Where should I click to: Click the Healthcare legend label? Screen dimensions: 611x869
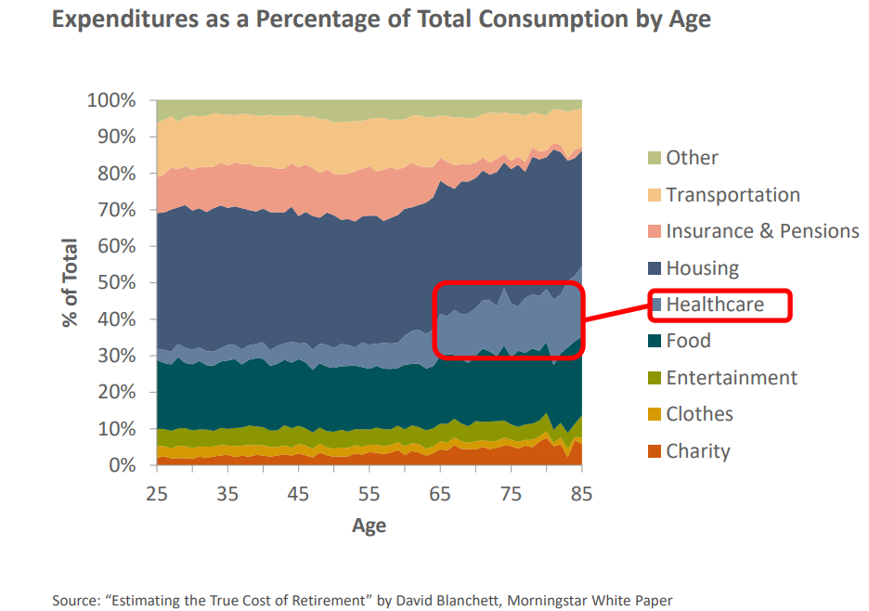(714, 305)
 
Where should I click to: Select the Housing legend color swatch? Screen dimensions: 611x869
(653, 268)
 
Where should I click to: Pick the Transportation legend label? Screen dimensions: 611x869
(733, 195)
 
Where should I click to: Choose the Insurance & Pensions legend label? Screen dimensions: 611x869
(762, 231)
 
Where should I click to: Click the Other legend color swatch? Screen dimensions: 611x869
(653, 158)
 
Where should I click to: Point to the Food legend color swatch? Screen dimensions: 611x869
(653, 341)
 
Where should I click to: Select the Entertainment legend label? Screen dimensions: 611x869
(732, 378)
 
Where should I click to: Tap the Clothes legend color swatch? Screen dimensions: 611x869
(653, 414)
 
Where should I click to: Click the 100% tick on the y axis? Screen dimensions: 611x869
(111, 100)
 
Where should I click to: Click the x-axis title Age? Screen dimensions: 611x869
(369, 526)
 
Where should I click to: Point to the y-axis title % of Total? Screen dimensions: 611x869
(71, 283)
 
